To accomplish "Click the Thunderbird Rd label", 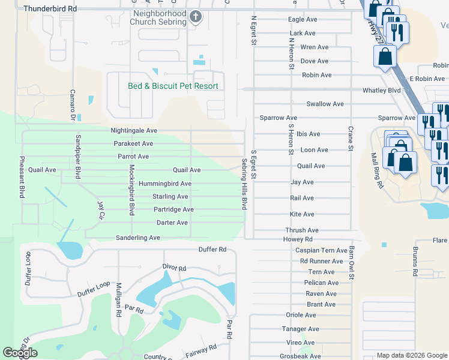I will pos(50,10).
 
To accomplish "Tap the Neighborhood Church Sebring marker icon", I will pos(196,17).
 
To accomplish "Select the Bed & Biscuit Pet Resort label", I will pos(173,86).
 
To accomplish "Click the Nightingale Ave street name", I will pos(134,130).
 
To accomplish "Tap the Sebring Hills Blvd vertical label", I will pos(244,184).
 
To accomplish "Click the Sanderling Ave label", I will pos(138,238).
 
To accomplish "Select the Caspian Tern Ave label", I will pos(321,250).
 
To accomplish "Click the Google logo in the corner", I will pos(20,353).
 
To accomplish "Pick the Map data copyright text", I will pos(412,355).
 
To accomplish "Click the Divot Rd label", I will pos(175,267).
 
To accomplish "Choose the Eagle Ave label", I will pos(302,20).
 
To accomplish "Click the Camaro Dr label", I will pos(73,101).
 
